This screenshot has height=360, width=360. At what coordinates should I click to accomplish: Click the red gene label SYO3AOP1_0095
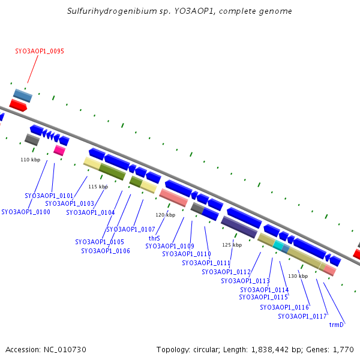tap(40, 52)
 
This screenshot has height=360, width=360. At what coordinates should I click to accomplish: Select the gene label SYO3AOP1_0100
tap(26, 212)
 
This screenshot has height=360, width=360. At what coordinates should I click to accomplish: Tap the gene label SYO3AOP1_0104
tap(90, 212)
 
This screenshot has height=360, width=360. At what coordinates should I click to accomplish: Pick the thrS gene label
tap(154, 238)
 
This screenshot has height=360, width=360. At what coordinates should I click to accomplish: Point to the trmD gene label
tap(336, 325)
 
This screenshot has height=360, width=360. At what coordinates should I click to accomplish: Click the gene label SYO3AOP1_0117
tap(302, 316)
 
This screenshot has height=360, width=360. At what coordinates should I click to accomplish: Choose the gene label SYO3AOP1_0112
tap(226, 272)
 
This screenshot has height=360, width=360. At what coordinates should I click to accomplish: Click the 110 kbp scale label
tap(30, 160)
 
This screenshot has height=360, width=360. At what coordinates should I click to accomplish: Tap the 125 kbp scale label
tap(232, 245)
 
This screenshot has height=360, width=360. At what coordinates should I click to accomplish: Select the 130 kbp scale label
tap(298, 276)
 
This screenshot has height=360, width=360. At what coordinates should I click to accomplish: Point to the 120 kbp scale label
tap(165, 214)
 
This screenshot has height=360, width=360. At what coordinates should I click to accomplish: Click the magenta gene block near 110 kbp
tap(59, 150)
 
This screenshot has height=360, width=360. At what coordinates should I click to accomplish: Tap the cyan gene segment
tap(278, 245)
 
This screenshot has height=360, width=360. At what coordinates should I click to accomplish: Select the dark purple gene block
tap(239, 227)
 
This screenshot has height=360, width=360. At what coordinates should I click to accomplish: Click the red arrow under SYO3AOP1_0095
tap(18, 106)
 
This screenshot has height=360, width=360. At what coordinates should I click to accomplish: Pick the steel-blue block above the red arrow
tap(23, 95)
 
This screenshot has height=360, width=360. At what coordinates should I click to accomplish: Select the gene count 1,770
tap(342, 349)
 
